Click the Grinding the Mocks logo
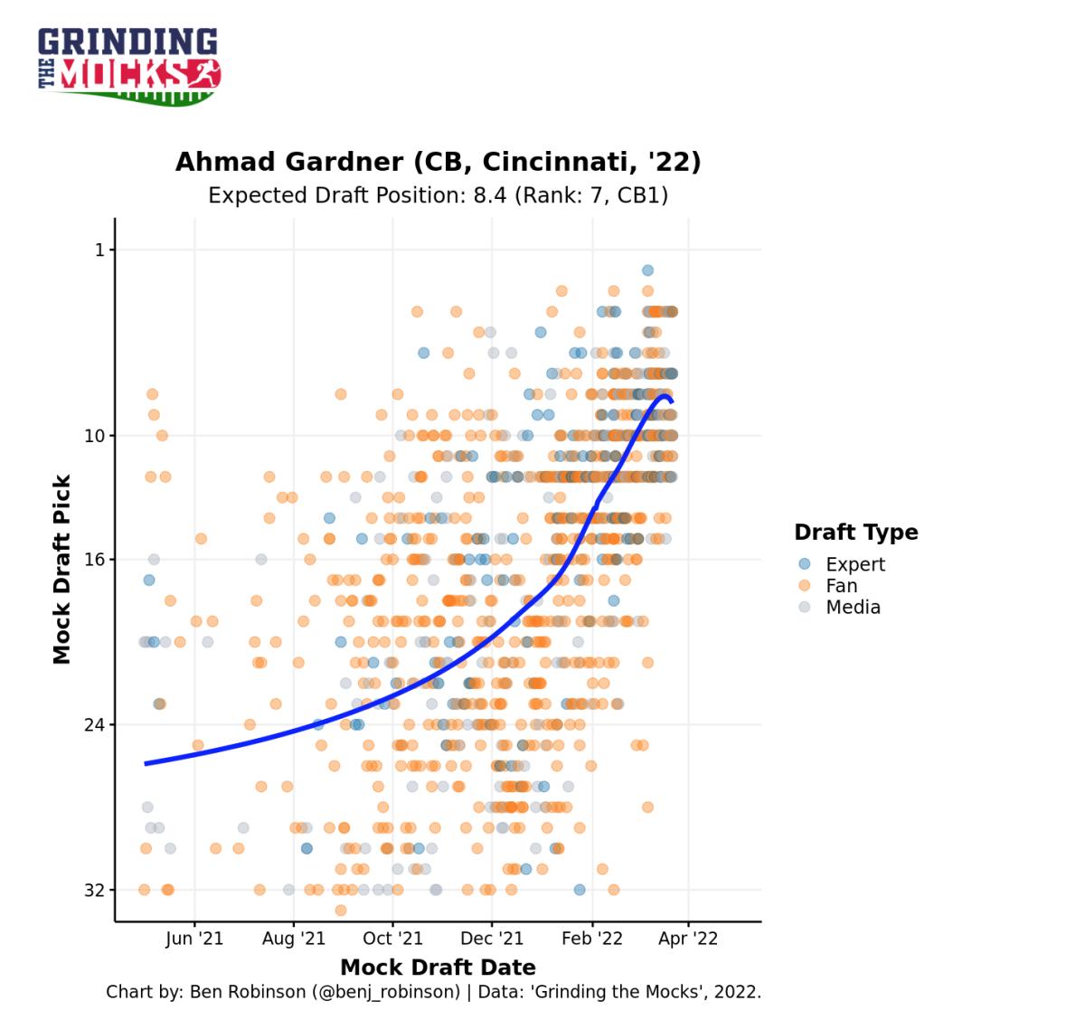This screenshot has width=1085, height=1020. pos(129,65)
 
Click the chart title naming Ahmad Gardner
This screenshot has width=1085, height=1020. pos(438,162)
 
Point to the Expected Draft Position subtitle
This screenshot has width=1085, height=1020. pos(438,195)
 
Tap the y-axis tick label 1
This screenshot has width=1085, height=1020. pos(99,250)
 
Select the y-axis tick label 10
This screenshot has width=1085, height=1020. pos(95,436)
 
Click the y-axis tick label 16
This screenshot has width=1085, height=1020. pos(95,560)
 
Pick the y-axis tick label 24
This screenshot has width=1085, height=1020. pos(95,725)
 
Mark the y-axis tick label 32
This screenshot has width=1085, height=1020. pos(95,891)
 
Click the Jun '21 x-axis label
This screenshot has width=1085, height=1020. pos(193,939)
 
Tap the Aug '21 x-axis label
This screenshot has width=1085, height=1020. pos(293,939)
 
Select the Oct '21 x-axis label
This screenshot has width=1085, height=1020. pos(392,939)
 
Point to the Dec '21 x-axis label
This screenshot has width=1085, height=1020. pos(492,939)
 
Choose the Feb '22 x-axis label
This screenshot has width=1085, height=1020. pos(592,939)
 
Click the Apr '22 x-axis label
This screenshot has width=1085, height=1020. pos(688,939)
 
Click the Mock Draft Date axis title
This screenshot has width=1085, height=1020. pos(438,968)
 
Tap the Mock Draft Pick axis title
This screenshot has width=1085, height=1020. pos(61,570)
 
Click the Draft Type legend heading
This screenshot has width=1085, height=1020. pos(855,533)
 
